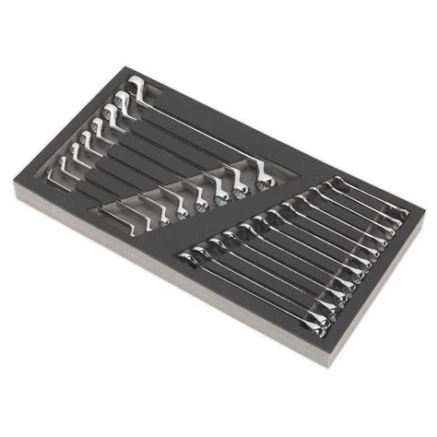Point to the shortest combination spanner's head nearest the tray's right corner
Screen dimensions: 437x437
click(399, 213)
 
